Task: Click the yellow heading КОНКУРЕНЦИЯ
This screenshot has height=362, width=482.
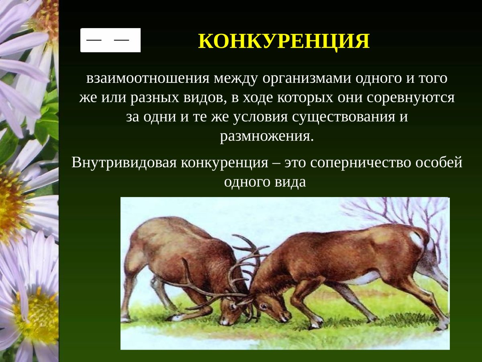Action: point(284,41)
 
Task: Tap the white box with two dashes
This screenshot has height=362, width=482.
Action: point(110,40)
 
